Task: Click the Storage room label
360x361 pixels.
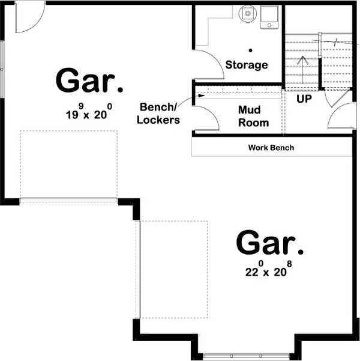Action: point(246,65)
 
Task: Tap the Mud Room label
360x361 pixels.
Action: point(253,117)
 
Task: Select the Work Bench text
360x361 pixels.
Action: point(271,148)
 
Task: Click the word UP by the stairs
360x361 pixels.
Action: point(304,99)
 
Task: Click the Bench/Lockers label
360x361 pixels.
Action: point(159,114)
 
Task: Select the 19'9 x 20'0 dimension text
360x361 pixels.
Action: point(88,114)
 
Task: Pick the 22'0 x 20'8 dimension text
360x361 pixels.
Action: point(268,270)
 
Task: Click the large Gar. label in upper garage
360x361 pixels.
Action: point(89,81)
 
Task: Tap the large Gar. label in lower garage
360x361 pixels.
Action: point(269,243)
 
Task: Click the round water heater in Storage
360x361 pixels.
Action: point(247,13)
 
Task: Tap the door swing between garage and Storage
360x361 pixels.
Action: point(207,64)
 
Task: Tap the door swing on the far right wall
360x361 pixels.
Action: point(340,118)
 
